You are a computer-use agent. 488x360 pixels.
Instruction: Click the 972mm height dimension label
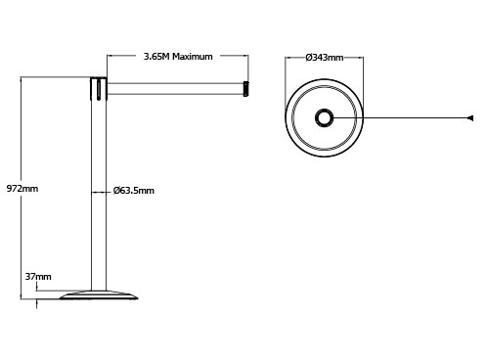tap(22, 189)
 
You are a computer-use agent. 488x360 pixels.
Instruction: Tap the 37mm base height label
tap(38, 277)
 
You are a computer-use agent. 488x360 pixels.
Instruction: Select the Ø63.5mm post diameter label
tap(134, 191)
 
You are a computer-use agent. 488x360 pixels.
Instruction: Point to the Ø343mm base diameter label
tap(325, 58)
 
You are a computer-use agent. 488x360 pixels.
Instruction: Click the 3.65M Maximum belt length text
tap(178, 57)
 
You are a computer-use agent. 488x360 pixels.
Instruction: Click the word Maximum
tap(193, 57)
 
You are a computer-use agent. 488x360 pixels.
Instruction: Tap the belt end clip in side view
tap(246, 89)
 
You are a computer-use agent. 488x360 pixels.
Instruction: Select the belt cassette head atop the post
tap(99, 88)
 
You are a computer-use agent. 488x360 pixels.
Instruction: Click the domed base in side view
tap(99, 294)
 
